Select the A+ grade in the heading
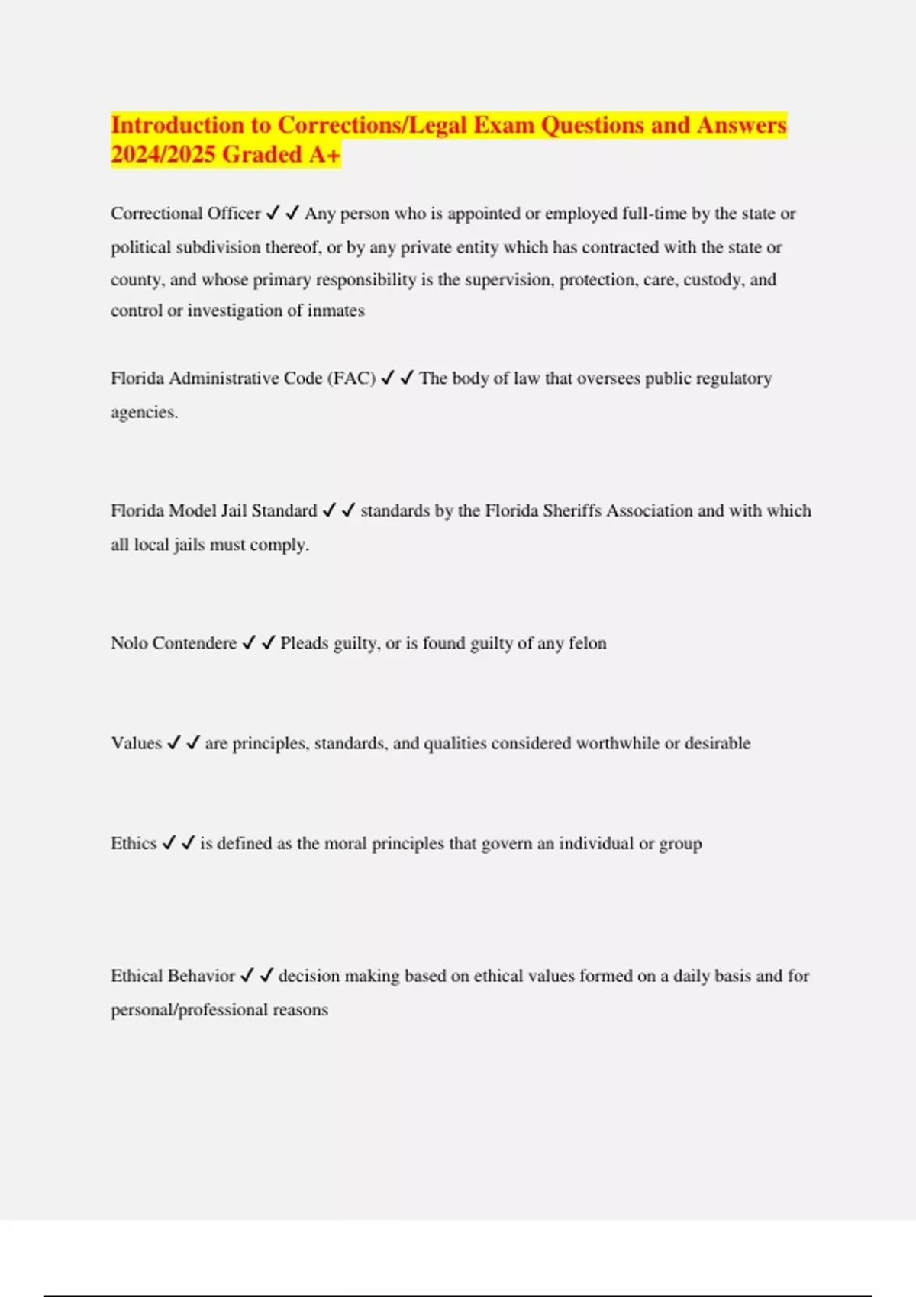point(324,155)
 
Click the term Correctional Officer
point(185,214)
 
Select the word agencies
point(144,413)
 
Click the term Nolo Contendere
point(173,643)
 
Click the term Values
point(136,743)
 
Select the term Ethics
point(133,843)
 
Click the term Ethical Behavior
point(173,976)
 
